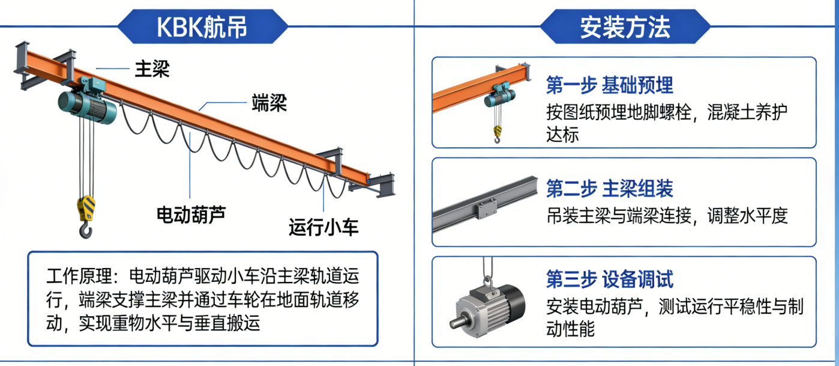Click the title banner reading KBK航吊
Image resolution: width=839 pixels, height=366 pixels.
pos(203,26)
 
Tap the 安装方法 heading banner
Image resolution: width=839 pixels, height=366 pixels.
pos(625,26)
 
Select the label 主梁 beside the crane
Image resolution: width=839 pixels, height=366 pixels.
pos(152,69)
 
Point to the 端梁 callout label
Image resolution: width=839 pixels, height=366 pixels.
pos(269,103)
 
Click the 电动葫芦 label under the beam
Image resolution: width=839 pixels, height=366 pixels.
pos(191,215)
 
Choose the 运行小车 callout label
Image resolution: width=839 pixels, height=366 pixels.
pos(323,227)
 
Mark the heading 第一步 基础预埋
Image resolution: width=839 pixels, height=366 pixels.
pos(609,85)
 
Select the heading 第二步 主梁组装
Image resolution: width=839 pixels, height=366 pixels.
pos(609,188)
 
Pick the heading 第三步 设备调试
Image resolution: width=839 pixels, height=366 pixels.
pos(609,279)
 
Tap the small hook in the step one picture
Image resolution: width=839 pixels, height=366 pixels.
pos(498,135)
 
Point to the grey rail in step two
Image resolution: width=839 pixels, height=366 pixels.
pos(485,204)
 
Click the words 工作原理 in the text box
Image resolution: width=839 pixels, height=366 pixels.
pos(79,276)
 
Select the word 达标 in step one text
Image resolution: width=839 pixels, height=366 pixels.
pos(562,135)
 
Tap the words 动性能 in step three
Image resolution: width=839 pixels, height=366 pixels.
pos(570,329)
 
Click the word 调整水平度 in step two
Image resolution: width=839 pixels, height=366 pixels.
pos(747,216)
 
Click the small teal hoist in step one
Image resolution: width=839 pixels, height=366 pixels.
pos(500,95)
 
